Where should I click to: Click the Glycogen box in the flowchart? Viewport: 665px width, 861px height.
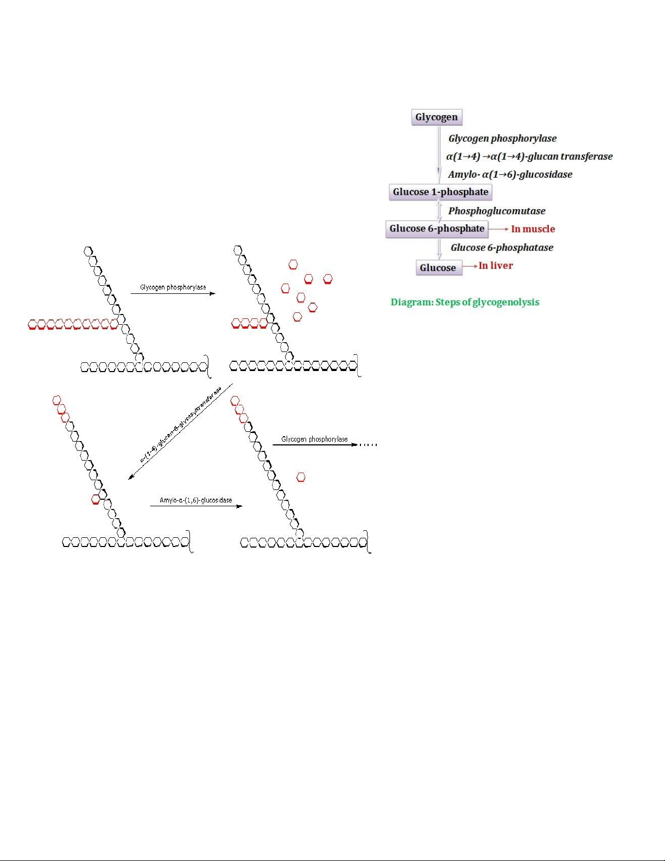(x=436, y=117)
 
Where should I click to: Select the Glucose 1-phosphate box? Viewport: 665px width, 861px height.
(x=440, y=192)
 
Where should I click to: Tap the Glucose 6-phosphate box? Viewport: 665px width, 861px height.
(x=436, y=229)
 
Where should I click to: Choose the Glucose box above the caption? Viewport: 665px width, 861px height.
(x=438, y=268)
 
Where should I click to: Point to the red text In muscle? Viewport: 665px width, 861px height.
(x=533, y=229)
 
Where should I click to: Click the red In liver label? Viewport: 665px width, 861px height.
(x=496, y=266)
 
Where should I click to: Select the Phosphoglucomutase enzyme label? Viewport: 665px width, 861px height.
(x=497, y=211)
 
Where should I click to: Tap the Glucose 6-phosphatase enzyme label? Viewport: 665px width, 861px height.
(x=502, y=248)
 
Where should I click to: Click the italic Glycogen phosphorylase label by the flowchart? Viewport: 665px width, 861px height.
(x=502, y=139)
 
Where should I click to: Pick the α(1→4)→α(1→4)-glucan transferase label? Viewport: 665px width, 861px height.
(x=529, y=156)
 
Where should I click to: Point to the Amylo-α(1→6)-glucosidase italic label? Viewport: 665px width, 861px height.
(x=510, y=174)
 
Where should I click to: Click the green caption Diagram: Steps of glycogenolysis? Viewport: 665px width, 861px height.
(x=465, y=303)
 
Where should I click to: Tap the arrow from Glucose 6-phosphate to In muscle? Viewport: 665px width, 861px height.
(x=498, y=229)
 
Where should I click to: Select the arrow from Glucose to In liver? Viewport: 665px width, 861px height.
(x=470, y=266)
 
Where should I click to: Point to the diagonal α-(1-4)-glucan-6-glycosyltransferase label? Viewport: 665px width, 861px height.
(x=181, y=424)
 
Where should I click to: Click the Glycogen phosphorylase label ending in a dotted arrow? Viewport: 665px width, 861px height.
(x=314, y=439)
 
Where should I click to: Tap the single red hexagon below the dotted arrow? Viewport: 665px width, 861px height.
(x=301, y=477)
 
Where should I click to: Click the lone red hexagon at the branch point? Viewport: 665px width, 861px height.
(x=96, y=499)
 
